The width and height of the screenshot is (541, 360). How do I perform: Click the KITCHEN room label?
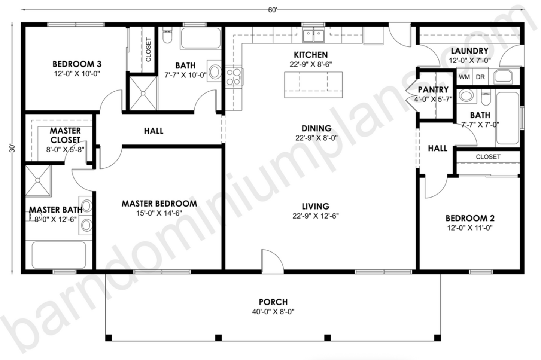tap(310, 55)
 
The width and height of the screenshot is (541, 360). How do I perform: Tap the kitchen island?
tap(313, 85)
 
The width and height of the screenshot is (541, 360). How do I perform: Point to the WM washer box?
tap(464, 77)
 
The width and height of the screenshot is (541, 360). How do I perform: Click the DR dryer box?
tap(480, 77)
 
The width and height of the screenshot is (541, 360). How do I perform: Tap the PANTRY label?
tap(433, 89)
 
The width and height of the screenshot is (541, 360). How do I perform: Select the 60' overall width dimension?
tap(273, 10)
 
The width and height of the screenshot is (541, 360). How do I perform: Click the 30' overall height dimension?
tap(12, 148)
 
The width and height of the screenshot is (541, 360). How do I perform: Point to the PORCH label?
tap(273, 302)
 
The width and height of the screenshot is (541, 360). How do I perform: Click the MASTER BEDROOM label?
tap(159, 204)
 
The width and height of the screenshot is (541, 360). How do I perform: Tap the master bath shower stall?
tap(38, 181)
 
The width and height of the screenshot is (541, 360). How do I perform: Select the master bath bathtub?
tap(59, 255)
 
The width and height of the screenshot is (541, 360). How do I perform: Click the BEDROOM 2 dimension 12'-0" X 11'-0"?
tap(469, 228)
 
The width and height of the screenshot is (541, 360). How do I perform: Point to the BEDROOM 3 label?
tap(77, 64)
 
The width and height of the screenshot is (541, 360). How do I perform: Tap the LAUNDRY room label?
tap(469, 51)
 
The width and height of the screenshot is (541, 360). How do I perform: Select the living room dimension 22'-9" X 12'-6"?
tap(316, 216)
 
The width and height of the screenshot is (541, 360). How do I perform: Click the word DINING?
tap(316, 128)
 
